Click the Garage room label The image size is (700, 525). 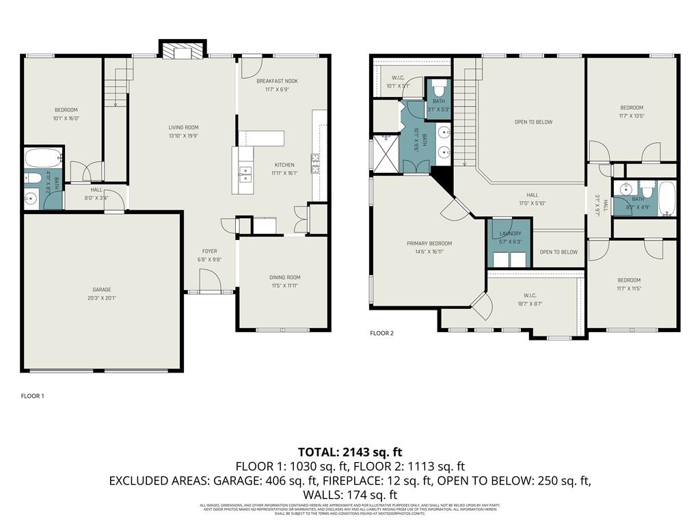(102, 290)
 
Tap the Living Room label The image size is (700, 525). (184, 127)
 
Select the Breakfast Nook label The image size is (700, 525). (277, 81)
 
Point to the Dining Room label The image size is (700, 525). (283, 278)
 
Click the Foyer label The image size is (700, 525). (209, 252)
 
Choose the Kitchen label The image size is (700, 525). (284, 165)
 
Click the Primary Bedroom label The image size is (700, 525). (429, 243)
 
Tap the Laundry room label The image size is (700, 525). (510, 234)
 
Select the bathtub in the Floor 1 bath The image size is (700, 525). (44, 159)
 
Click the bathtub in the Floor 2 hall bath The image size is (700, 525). (667, 199)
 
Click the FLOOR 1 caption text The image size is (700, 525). (32, 396)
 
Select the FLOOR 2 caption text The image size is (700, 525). (382, 334)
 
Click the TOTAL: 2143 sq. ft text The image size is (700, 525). (350, 452)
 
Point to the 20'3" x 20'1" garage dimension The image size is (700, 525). (102, 298)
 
